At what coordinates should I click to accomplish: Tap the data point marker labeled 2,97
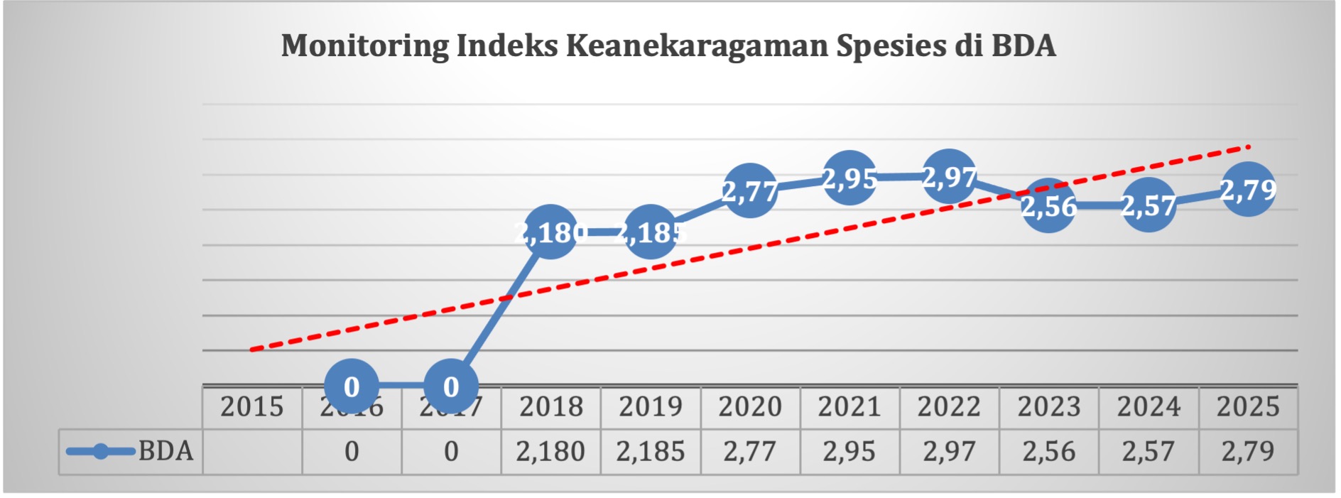coord(949,177)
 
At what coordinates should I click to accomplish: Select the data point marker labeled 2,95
coord(849,178)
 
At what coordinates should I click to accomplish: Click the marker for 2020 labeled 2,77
coord(749,190)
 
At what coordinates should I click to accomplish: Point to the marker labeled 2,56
coord(1048,206)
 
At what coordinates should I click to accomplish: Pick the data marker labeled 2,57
coord(1149,205)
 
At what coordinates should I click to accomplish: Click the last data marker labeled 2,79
coord(1248,190)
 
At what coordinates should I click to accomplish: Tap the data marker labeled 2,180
coord(550,232)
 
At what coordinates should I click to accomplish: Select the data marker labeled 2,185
coord(650,232)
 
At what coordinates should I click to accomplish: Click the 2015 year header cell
coord(252,407)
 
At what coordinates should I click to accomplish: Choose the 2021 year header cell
coord(849,407)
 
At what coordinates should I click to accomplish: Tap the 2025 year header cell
coord(1248,407)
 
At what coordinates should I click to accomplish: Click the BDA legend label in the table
coord(165,451)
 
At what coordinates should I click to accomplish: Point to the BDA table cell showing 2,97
coord(949,452)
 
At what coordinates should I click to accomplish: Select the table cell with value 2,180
coord(550,452)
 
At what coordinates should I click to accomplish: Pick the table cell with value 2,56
coord(1048,452)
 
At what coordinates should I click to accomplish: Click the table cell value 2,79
coord(1248,452)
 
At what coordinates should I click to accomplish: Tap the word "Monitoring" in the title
coord(364,45)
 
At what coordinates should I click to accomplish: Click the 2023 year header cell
coord(1048,407)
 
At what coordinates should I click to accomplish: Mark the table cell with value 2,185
coord(650,452)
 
